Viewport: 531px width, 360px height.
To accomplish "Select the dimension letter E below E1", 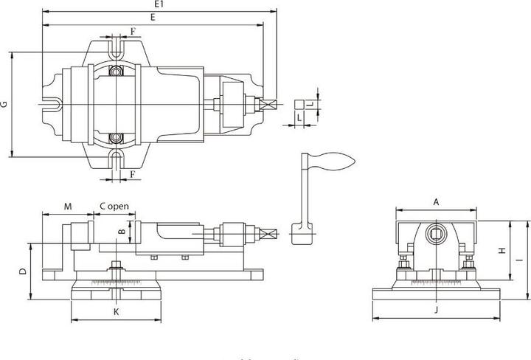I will pos(151,16).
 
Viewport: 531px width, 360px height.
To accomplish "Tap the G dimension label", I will pos(4,105).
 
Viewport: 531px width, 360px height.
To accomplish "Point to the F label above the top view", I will pos(132,30).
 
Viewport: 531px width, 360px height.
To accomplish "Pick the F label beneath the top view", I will pos(132,174).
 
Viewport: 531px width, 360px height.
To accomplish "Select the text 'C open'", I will pos(114,206).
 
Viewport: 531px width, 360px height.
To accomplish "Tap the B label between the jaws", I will pos(122,233).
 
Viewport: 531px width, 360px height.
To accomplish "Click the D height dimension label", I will pos(22,271).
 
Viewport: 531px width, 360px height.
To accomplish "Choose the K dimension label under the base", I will pos(116,312).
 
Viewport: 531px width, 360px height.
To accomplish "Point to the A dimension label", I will pos(436,201).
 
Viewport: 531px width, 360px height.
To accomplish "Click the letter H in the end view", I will pos(502,251).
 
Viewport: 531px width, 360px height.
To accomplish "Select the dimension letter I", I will pos(518,260).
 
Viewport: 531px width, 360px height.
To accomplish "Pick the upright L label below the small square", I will pos(299,117).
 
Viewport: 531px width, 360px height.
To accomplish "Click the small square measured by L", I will pos(299,104).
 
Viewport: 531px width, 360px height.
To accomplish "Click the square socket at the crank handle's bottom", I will pos(302,234).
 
